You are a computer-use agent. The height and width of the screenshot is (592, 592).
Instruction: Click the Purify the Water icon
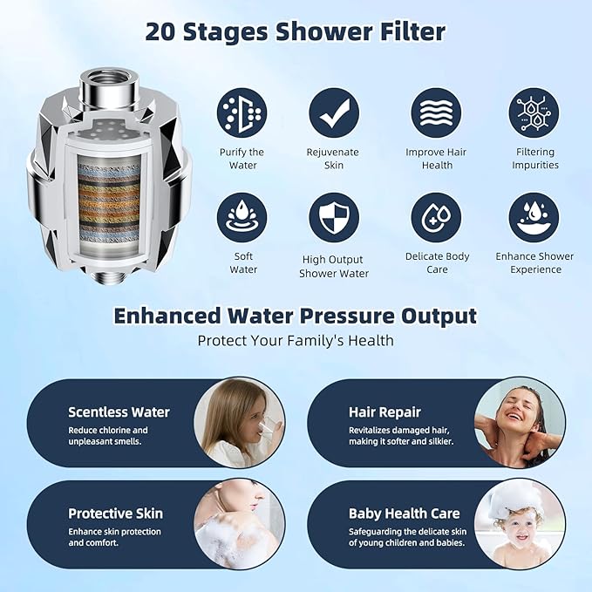242,112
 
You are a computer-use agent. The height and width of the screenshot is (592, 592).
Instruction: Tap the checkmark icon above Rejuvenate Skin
333,112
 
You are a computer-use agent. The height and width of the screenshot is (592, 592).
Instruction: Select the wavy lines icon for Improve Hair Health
437,112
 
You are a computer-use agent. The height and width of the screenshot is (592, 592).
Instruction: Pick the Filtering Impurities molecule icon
534,112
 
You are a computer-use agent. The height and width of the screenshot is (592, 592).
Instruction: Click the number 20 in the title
165,32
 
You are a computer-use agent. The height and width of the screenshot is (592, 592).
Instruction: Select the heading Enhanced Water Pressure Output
296,315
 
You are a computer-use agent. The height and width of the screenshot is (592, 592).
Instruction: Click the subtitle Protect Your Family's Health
296,340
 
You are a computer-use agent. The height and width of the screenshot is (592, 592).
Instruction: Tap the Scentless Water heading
119,412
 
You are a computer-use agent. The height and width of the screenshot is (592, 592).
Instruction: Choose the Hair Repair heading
384,412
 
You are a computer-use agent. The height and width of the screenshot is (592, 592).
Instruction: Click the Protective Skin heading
115,514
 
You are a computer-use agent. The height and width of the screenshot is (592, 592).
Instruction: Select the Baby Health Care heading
404,514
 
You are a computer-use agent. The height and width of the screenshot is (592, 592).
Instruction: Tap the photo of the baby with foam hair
520,524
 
